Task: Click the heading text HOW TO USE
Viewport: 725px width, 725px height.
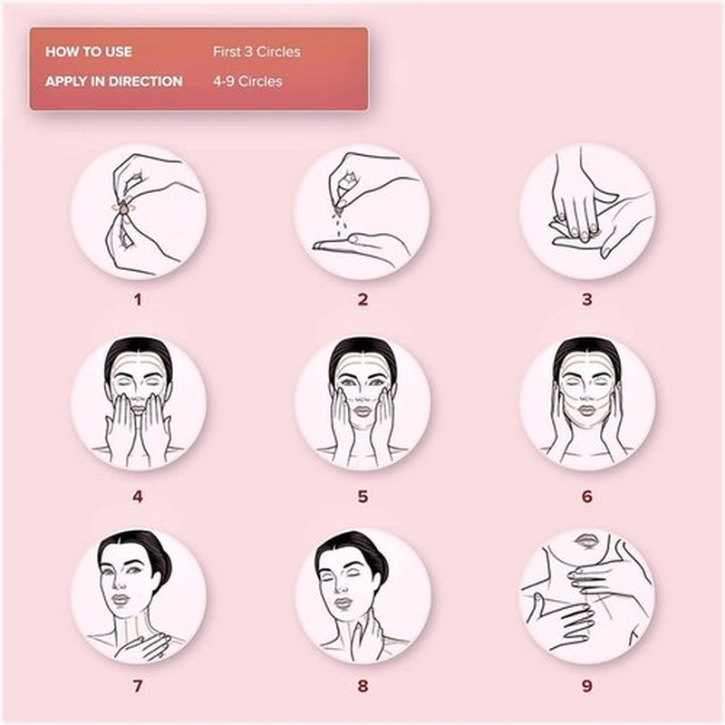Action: tap(89, 52)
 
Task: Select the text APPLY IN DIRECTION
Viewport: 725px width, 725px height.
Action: tap(114, 82)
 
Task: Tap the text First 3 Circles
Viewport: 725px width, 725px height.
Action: tap(256, 52)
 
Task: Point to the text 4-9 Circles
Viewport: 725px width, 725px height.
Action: tap(247, 82)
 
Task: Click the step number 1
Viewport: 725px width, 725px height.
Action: tap(138, 300)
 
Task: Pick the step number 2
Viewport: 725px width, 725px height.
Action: tap(362, 300)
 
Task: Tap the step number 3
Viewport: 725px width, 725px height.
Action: tap(586, 300)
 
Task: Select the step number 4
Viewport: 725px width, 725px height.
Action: tap(138, 497)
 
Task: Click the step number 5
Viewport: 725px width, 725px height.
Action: tap(362, 497)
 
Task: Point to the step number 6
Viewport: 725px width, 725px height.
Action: tap(586, 497)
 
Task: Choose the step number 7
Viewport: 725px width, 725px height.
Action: tap(138, 686)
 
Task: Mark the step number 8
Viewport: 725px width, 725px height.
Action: tap(362, 686)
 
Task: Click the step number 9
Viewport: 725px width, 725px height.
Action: tap(586, 686)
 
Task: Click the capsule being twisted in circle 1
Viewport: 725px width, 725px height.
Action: tap(124, 209)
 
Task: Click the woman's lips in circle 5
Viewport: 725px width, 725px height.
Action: tap(362, 411)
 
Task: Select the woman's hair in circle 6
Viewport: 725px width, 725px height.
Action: tap(586, 353)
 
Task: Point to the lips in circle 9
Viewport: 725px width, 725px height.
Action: tap(586, 540)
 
